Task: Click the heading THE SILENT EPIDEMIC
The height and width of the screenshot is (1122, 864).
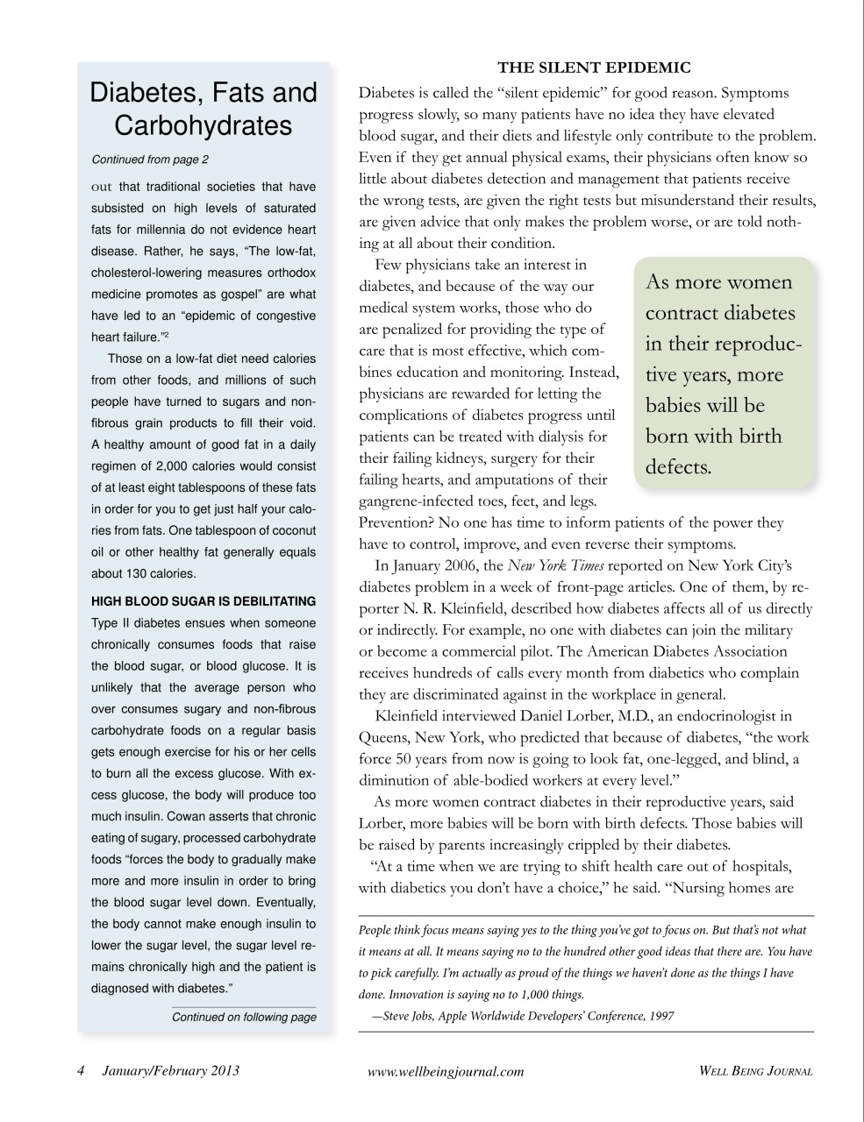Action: tap(594, 67)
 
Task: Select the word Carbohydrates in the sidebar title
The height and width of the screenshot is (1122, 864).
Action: tap(203, 125)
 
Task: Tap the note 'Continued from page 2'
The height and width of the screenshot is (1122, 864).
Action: tap(150, 160)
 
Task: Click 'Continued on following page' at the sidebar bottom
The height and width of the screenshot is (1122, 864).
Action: tap(244, 1017)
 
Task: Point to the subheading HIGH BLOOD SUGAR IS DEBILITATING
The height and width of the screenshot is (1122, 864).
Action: tap(204, 601)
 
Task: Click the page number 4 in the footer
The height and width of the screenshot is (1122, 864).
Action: tap(80, 1070)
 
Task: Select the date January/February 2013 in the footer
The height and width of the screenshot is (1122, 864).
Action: tap(170, 1070)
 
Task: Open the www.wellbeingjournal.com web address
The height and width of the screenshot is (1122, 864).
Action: tap(446, 1071)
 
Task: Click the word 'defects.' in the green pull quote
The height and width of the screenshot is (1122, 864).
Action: tap(678, 466)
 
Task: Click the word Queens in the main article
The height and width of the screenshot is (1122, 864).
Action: tap(383, 737)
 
